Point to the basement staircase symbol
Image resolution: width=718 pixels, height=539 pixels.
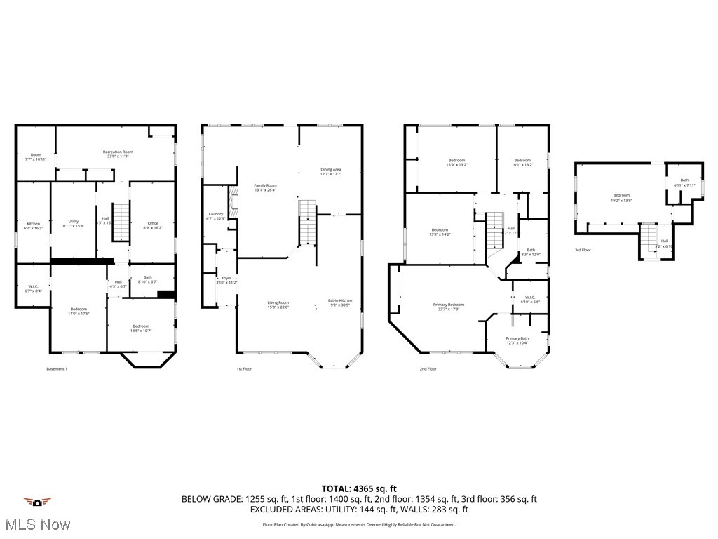click(122, 222)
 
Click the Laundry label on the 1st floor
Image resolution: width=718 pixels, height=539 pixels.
click(216, 216)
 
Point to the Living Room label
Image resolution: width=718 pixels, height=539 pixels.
click(278, 305)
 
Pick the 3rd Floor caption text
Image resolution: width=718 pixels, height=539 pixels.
click(583, 250)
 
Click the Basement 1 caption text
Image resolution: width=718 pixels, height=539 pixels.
click(56, 368)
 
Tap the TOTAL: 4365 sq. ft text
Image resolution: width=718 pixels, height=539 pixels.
click(359, 488)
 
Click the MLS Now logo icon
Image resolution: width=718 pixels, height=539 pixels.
click(37, 503)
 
